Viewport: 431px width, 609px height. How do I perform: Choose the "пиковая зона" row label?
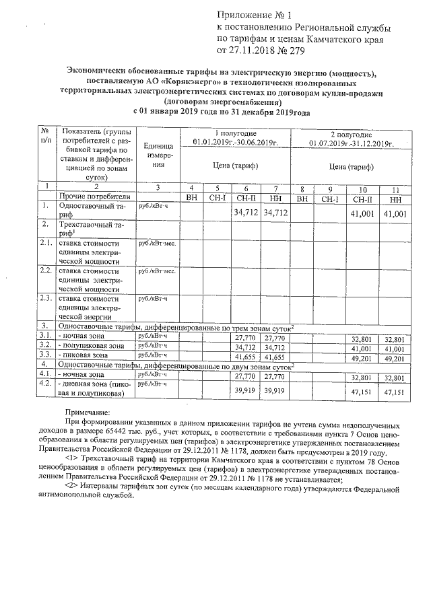[85, 355]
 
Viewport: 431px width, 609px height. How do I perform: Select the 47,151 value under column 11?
[395, 391]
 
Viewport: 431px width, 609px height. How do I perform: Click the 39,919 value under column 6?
[246, 390]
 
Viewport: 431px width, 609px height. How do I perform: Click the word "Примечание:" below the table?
[87, 413]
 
